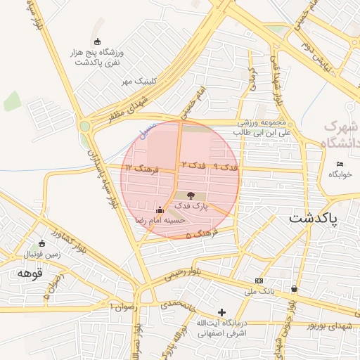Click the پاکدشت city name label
click(313, 218)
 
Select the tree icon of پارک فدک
click(191, 195)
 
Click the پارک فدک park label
click(191, 206)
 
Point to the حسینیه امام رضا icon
click(160, 210)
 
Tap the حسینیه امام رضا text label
click(160, 220)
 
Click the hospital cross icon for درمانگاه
click(222, 311)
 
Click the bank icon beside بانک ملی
click(259, 281)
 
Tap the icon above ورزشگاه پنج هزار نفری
click(97, 41)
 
